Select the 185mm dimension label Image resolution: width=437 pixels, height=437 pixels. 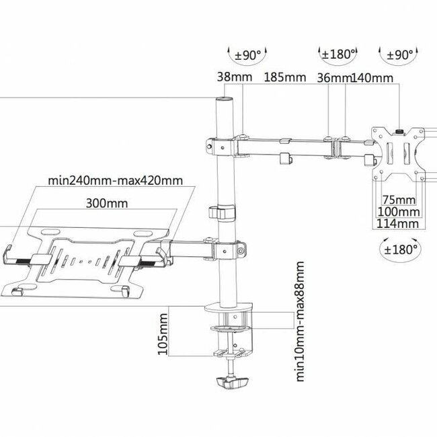[x=284, y=78]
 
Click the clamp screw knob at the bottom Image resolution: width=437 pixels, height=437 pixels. [x=231, y=382]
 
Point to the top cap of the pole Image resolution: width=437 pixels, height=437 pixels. [x=221, y=101]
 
